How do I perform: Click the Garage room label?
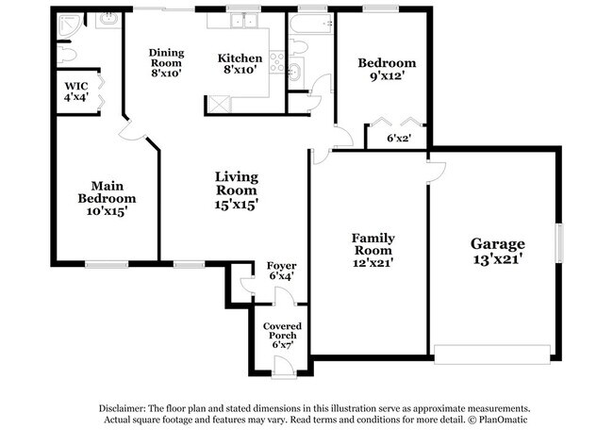click(498, 244)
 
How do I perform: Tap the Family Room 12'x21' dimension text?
click(373, 263)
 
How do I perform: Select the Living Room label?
click(237, 183)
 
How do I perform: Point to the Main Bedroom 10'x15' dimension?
click(108, 211)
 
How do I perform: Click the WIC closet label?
click(76, 86)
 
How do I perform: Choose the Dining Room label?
click(166, 58)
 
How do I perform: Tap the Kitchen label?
click(240, 58)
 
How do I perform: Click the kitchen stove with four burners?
click(276, 61)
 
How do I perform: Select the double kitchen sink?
click(243, 21)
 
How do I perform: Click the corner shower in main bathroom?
click(68, 25)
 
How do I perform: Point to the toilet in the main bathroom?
click(66, 55)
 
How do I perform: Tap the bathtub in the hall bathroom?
click(311, 25)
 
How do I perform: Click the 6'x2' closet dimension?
click(399, 138)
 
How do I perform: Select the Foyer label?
click(281, 266)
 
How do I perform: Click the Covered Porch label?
click(282, 331)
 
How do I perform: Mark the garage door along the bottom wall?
click(492, 355)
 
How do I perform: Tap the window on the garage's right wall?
click(560, 242)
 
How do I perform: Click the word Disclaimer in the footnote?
click(123, 408)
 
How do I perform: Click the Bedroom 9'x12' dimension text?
click(387, 75)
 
